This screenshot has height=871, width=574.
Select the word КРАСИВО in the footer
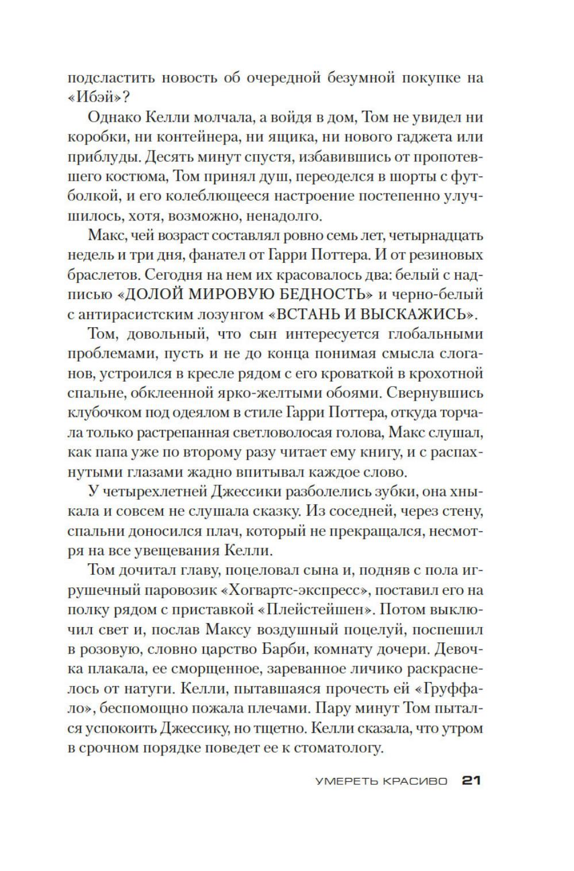(417, 781)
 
